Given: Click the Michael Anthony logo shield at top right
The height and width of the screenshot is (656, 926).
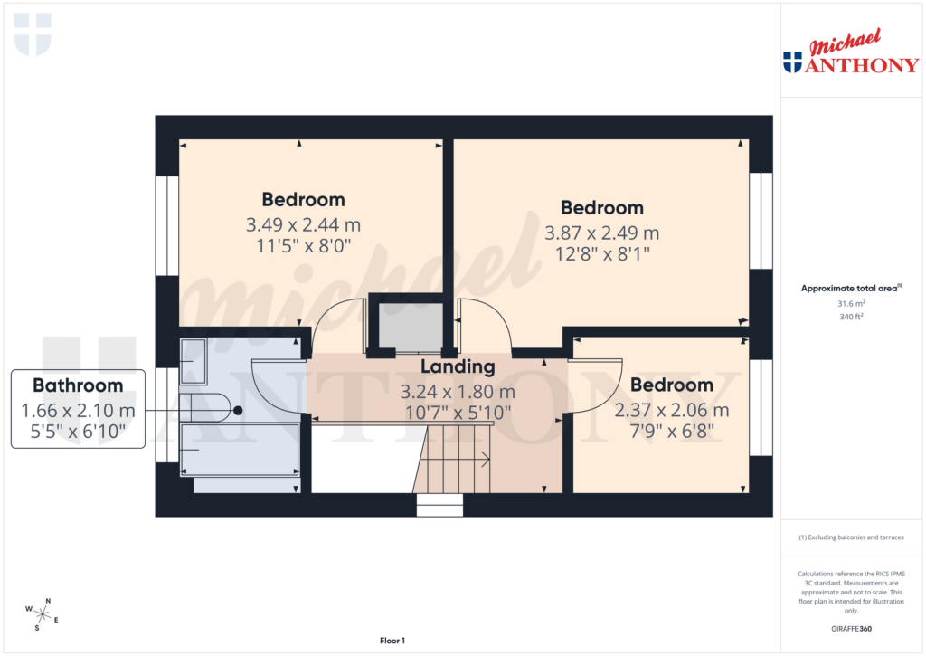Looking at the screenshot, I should [792, 62].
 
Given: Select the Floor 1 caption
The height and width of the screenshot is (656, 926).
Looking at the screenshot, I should [392, 641].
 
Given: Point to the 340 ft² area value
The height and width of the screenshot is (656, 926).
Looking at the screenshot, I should [850, 317].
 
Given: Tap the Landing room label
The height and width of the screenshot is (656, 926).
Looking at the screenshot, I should [458, 366].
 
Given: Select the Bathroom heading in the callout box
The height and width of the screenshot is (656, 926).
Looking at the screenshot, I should [78, 385].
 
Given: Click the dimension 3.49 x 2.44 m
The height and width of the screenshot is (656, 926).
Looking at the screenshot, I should [303, 224].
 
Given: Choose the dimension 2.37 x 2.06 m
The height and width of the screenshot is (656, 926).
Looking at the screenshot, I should [671, 410].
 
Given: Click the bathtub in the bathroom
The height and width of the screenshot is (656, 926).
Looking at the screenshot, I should [241, 449].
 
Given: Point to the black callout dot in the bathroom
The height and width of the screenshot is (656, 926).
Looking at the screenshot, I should [238, 410].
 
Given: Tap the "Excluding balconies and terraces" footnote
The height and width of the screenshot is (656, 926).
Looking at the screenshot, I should [850, 537].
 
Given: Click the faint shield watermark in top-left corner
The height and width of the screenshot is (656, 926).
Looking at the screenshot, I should [33, 33].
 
